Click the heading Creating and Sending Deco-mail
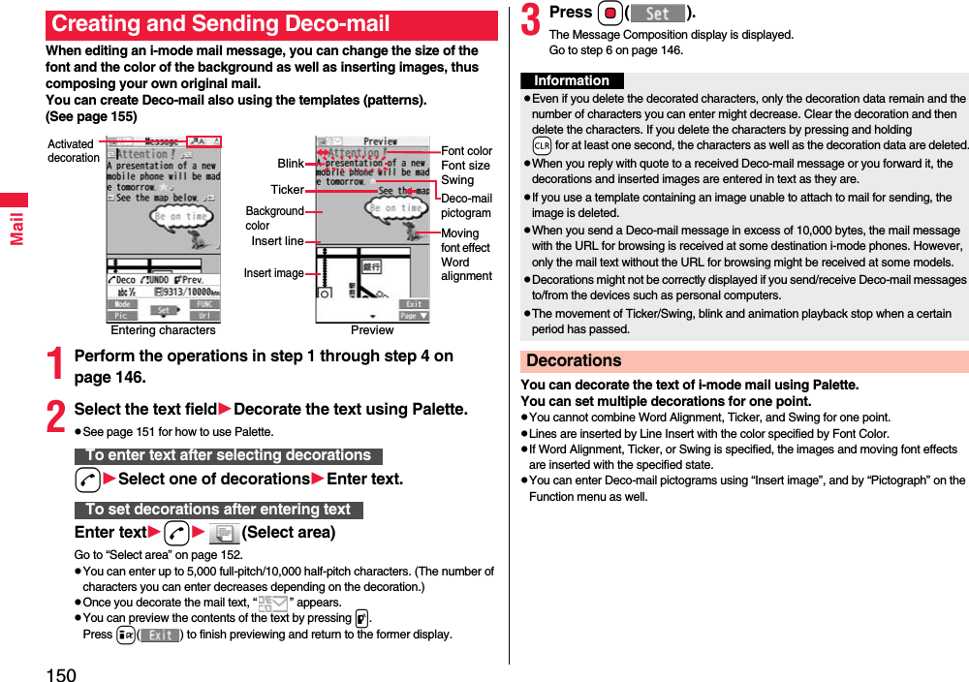tap(221, 24)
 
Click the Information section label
tap(572, 80)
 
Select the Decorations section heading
tap(574, 360)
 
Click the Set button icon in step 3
tap(658, 14)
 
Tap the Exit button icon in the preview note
tap(160, 635)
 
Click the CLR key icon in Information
tap(542, 145)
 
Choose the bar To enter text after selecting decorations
tap(228, 455)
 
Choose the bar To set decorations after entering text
tap(218, 510)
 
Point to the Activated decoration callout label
tap(73, 151)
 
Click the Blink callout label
tap(291, 164)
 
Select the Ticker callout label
tap(287, 190)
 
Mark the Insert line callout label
tap(277, 241)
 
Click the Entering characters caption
tap(164, 330)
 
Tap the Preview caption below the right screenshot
tap(372, 330)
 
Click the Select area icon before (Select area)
tap(224, 533)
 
